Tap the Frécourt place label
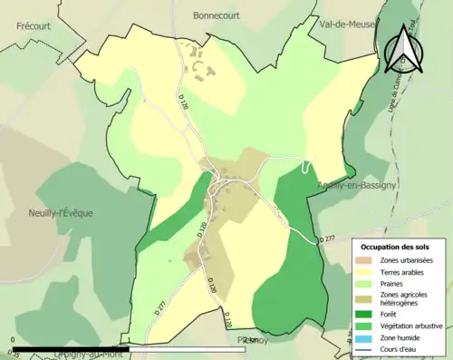pos(34,26)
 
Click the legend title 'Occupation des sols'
pos(395,247)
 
